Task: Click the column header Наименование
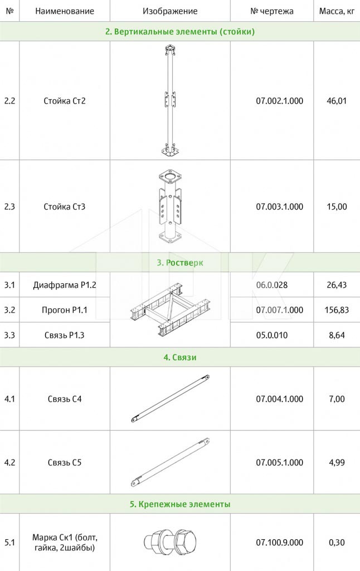pos(65,11)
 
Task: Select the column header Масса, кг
pos(337,11)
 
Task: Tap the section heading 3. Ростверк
pos(180,263)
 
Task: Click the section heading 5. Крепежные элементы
pos(180,504)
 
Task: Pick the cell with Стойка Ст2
pos(65,101)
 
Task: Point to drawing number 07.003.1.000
pos(280,207)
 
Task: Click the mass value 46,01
pos(337,101)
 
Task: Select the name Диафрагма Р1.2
pos(65,285)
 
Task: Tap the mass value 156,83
pos(337,310)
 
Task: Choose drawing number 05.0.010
pos(272,335)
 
